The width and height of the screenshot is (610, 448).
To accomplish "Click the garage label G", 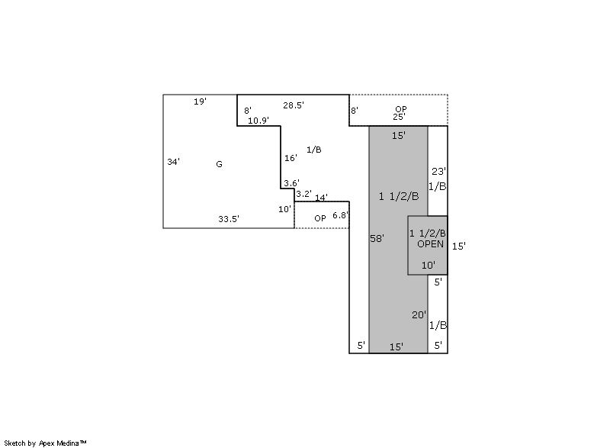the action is tap(219, 164).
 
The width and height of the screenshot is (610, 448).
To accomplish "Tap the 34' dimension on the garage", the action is tap(173, 162).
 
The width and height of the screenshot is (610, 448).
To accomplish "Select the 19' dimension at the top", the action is tap(200, 102).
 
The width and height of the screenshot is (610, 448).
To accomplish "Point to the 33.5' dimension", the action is tap(228, 219).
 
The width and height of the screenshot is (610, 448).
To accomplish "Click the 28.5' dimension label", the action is tap(294, 105).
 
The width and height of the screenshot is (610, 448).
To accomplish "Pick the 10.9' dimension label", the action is tap(258, 121).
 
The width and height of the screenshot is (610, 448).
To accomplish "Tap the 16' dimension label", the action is tap(291, 158).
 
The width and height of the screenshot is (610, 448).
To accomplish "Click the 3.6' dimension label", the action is tap(291, 183).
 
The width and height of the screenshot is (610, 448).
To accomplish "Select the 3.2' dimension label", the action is tap(303, 194).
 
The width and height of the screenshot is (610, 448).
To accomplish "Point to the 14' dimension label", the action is tap(321, 198).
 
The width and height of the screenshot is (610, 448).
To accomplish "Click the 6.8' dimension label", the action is tap(340, 215).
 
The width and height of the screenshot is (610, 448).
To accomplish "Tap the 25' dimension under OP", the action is tap(399, 116).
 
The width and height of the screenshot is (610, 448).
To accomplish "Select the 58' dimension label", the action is tap(377, 238).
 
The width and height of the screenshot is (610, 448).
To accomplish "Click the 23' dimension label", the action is tap(439, 171).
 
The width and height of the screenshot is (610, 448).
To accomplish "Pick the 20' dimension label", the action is tap(419, 314).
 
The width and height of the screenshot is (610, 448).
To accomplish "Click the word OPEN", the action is tap(430, 244).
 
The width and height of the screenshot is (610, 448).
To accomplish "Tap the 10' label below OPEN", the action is tap(429, 265).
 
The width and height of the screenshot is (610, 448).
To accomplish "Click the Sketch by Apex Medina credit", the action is tap(45, 443).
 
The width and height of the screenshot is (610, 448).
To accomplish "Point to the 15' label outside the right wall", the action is tap(459, 246).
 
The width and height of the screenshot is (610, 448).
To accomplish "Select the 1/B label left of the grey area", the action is tap(314, 150).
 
